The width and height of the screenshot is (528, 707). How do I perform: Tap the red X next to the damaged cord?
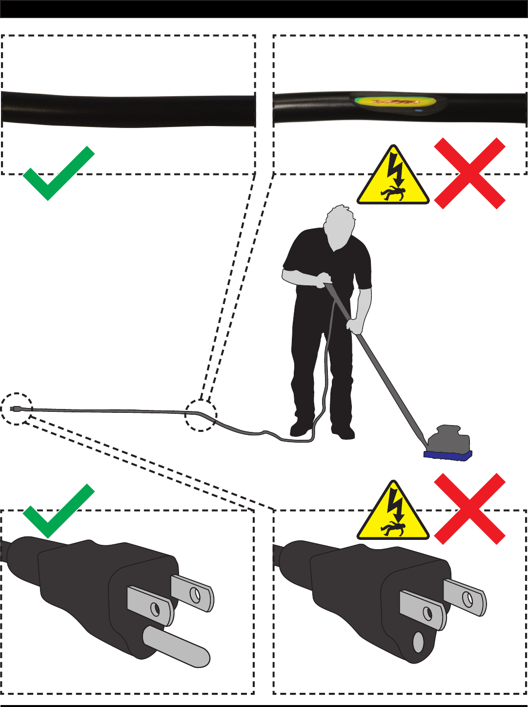point(469,173)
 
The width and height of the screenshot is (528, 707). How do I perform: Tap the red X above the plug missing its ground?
point(469,509)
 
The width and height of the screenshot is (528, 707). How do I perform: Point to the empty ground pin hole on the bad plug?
point(418,643)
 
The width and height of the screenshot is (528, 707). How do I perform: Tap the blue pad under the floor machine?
point(447,455)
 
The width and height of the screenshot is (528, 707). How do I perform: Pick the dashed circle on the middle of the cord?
point(201,415)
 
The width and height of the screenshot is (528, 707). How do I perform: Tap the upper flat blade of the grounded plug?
point(192,592)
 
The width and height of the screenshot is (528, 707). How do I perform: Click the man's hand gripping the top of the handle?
point(324,280)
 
